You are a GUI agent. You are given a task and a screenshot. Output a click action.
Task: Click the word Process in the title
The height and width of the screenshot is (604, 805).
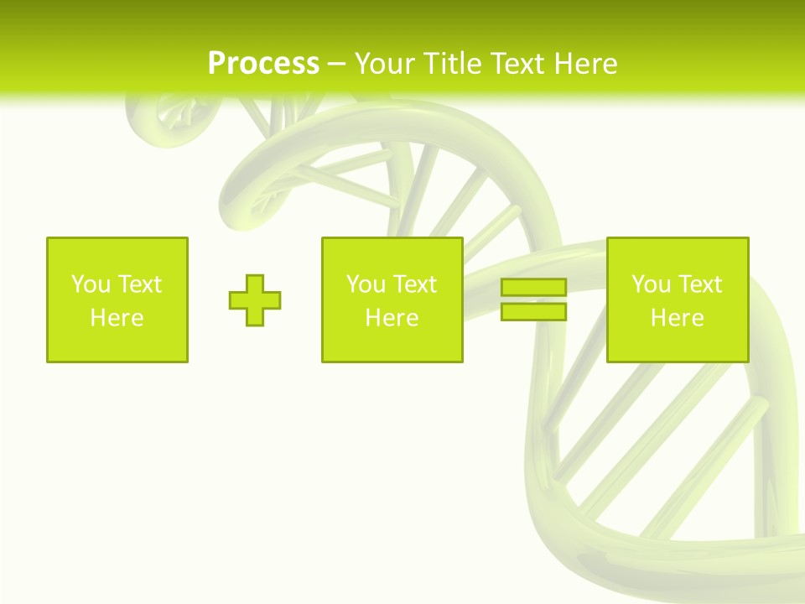(x=263, y=64)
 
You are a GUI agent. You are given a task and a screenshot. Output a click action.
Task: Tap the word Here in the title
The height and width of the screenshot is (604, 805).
(x=585, y=64)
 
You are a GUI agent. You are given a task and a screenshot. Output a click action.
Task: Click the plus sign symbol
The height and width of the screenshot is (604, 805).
(x=255, y=300)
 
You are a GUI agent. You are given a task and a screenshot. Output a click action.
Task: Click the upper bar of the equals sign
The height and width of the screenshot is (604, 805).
(x=534, y=288)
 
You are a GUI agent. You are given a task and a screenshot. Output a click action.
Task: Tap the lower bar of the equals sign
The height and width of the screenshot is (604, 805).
(x=534, y=312)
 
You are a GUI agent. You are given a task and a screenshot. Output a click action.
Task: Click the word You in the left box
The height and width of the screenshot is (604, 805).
(x=91, y=284)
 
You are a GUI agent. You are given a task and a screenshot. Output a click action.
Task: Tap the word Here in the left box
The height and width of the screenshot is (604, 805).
(x=117, y=318)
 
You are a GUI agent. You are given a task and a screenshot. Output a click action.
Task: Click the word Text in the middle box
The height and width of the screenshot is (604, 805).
(x=416, y=284)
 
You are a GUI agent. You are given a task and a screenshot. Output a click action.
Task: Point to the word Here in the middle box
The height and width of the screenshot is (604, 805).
(x=392, y=318)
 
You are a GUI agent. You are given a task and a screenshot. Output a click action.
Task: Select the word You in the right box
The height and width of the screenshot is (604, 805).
(x=651, y=284)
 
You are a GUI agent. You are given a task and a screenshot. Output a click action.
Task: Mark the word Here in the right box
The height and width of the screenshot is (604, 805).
(x=677, y=318)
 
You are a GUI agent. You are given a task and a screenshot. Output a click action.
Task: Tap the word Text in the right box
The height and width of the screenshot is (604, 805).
(x=701, y=284)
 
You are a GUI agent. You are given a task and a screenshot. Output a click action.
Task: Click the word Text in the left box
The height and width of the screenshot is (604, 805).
(x=141, y=284)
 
